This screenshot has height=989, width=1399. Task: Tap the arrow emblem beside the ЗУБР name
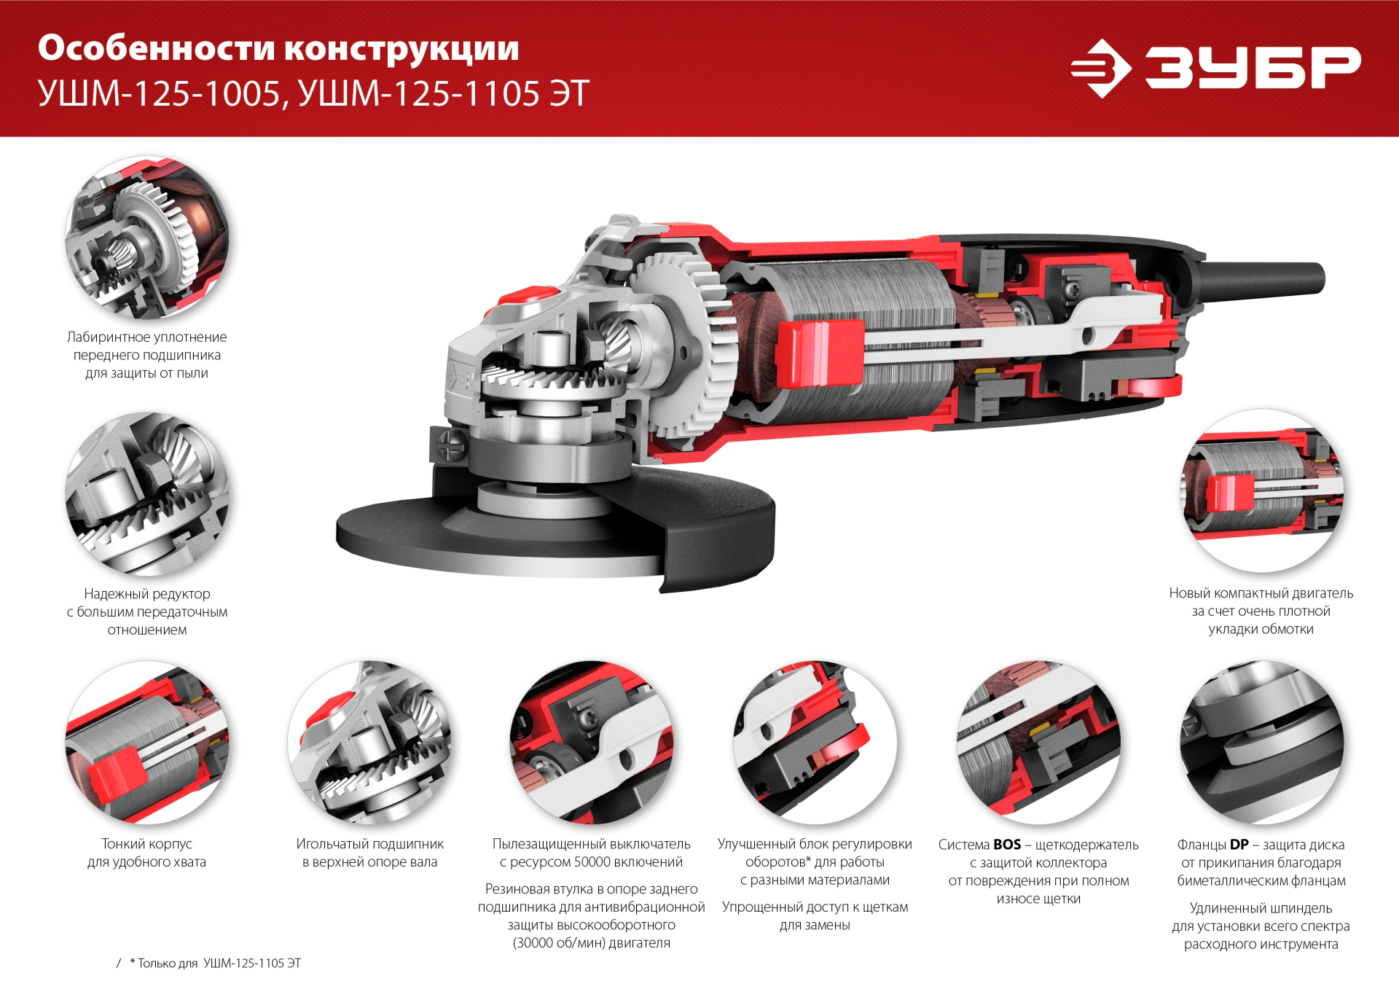coord(1100,69)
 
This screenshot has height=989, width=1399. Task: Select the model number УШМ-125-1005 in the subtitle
coord(158,94)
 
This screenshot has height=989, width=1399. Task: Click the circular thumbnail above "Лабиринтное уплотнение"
coord(146,238)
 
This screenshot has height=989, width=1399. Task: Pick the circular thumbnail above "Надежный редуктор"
coord(146,494)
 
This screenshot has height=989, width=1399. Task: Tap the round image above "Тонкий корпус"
coord(146,743)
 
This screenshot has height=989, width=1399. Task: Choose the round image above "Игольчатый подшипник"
coord(369,743)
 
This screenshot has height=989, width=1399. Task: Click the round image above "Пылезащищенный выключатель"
coord(591,743)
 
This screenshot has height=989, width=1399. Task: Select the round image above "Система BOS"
coord(1038,743)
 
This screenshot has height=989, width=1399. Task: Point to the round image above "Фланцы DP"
coord(1261,743)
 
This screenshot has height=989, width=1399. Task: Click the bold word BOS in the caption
coord(1007,845)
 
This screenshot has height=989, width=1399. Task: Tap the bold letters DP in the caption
coord(1239,845)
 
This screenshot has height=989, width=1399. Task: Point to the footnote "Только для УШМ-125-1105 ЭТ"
coord(215,963)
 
